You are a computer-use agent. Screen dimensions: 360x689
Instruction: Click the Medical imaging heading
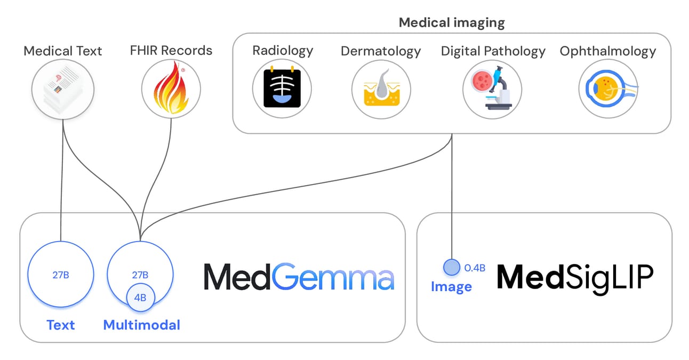coord(452,22)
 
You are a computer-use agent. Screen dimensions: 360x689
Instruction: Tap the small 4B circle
coord(140,298)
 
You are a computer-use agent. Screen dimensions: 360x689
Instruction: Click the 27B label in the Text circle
coord(61,275)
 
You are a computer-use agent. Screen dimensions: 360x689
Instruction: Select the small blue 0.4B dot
coord(451,267)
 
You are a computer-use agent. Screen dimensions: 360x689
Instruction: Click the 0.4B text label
coord(475,268)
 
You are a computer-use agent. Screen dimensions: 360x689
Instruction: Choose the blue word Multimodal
coord(141,325)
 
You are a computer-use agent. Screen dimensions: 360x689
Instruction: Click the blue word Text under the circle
coord(61,325)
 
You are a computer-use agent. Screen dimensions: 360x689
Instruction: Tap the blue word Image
coord(451,287)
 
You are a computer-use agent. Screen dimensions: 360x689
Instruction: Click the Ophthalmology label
coord(607,51)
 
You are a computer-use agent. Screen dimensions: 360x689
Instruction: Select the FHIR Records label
coord(171,51)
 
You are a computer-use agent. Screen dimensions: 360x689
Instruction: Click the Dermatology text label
coord(381,51)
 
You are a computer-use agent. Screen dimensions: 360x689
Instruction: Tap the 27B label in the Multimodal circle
coord(140,275)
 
